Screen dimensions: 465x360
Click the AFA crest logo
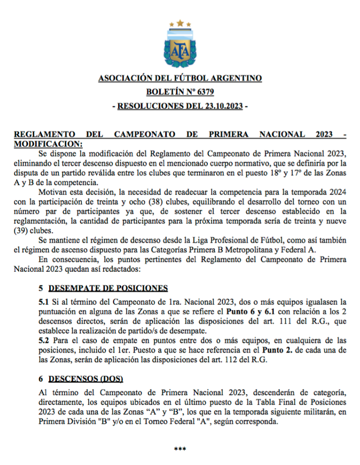point(180,48)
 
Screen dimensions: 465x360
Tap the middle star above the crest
point(180,23)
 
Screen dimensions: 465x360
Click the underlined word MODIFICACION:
point(49,143)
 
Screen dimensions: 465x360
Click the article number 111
point(268,321)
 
